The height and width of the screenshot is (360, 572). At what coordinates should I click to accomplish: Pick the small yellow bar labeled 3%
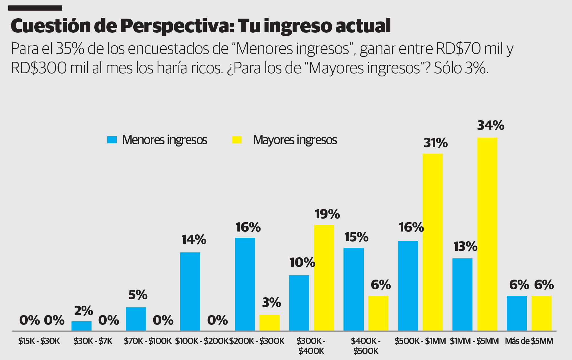pyautogui.click(x=269, y=323)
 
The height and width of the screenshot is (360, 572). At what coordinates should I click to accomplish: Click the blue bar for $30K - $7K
pyautogui.click(x=82, y=326)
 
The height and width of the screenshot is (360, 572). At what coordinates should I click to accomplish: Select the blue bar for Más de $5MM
pyautogui.click(x=517, y=313)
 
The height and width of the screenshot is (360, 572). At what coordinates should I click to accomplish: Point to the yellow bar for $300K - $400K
pyautogui.click(x=324, y=278)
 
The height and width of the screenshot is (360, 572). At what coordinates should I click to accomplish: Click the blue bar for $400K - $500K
pyautogui.click(x=353, y=289)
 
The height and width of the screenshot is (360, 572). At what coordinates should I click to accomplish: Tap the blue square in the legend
pyautogui.click(x=112, y=140)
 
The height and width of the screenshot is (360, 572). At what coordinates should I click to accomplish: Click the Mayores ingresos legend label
pyautogui.click(x=295, y=140)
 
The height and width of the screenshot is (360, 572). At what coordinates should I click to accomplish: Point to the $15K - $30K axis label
pyautogui.click(x=39, y=341)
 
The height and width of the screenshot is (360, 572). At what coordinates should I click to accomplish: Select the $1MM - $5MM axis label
pyautogui.click(x=474, y=341)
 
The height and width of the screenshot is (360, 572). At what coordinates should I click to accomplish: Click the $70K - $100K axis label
pyautogui.click(x=148, y=341)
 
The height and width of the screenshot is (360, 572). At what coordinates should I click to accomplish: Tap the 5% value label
pyautogui.click(x=138, y=295)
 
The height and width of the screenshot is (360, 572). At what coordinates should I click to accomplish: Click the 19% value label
pyautogui.click(x=327, y=214)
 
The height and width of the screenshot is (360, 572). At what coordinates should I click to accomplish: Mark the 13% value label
pyautogui.click(x=465, y=246)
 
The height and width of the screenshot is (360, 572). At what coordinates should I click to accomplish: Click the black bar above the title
pyautogui.click(x=35, y=8)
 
